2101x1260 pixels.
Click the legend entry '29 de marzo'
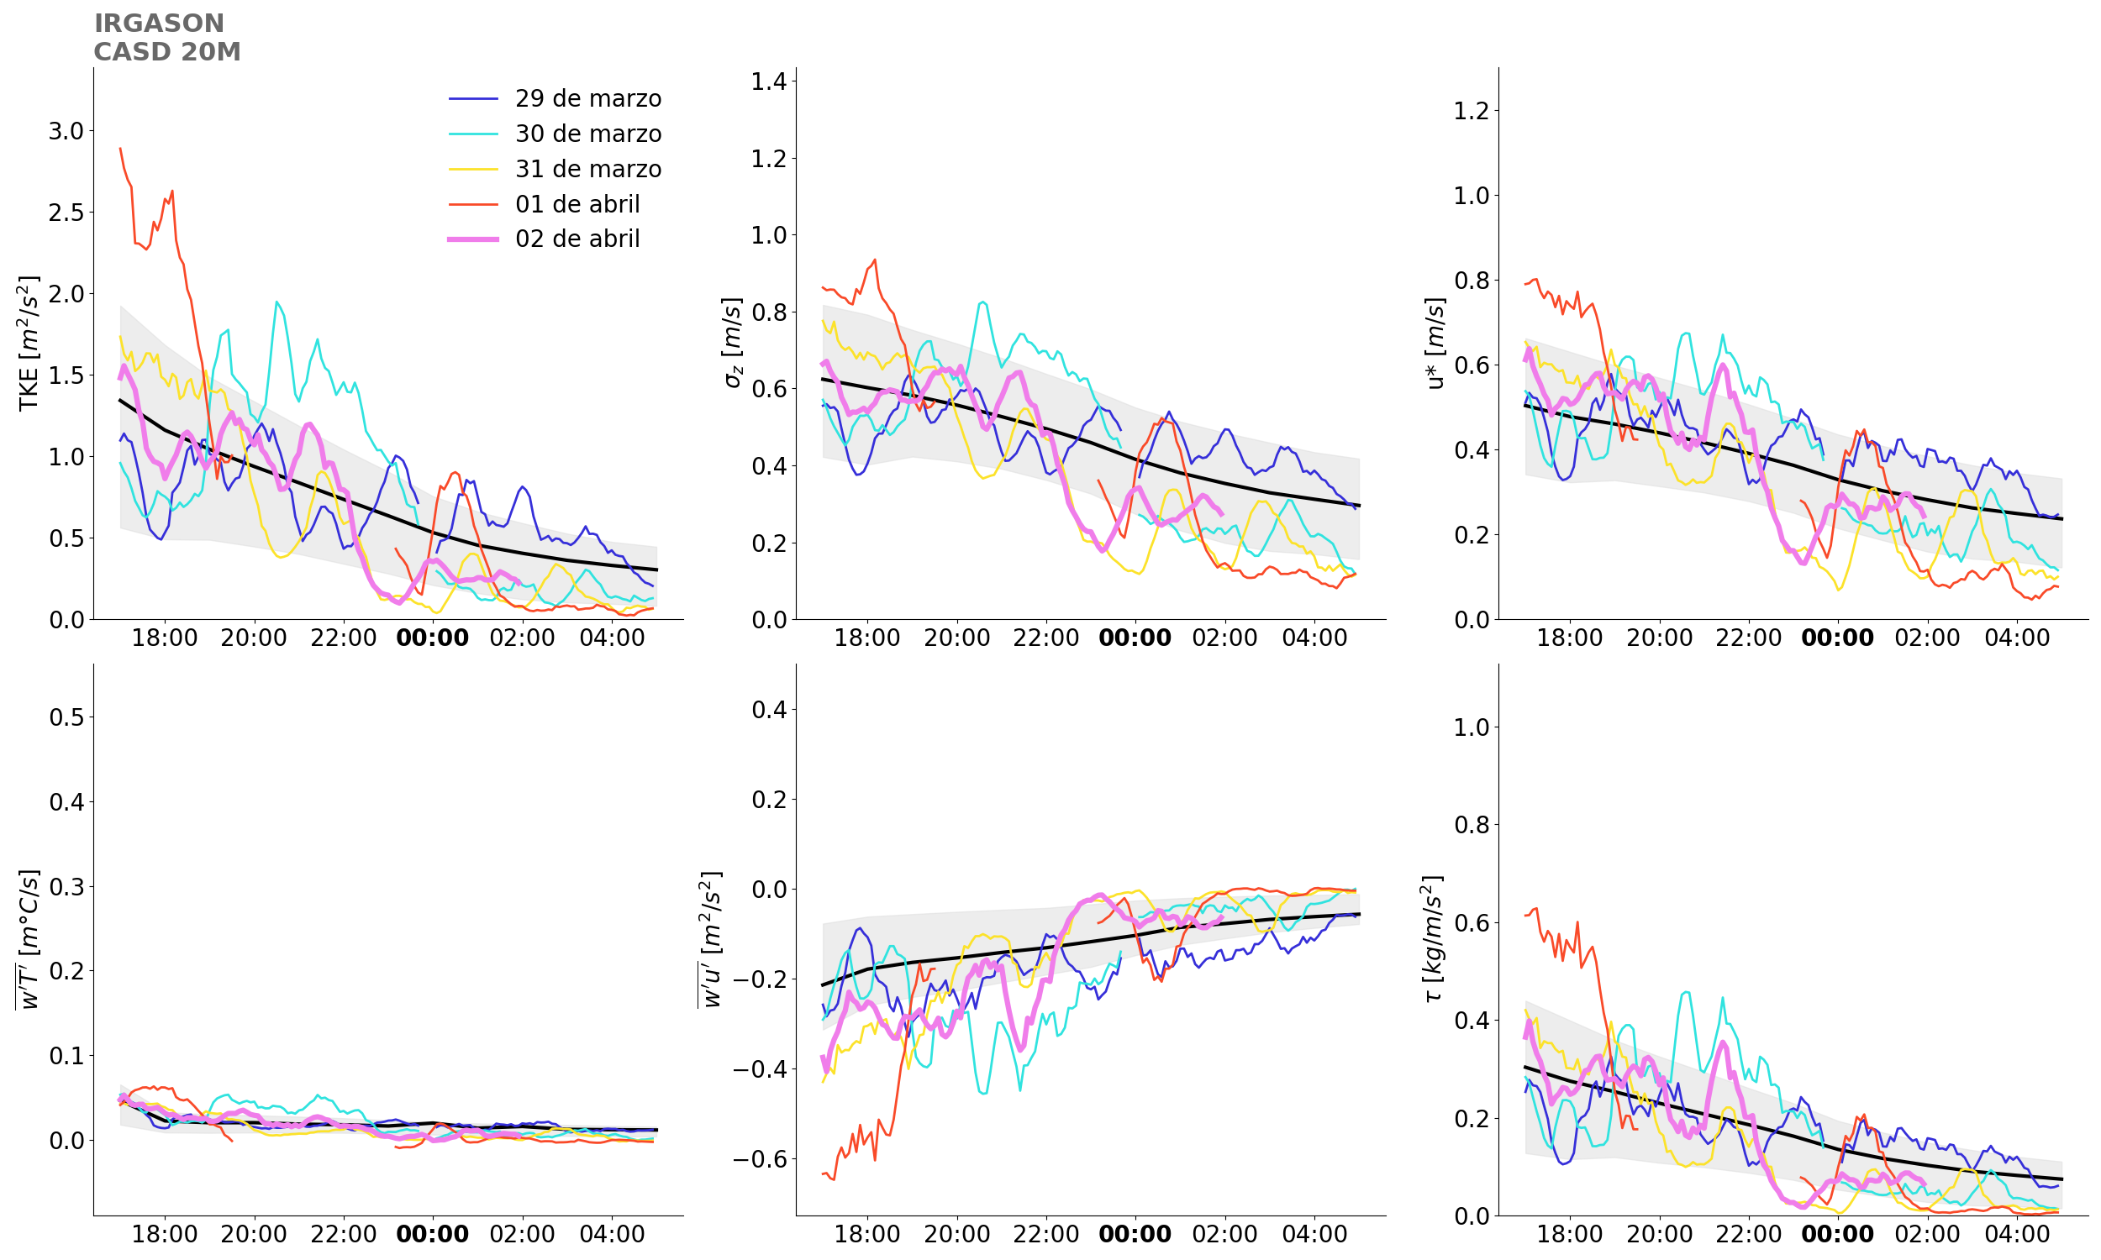coord(587,98)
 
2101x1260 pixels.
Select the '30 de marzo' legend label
coord(587,134)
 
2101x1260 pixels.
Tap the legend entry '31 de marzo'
coord(587,169)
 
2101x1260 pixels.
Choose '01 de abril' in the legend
coord(577,205)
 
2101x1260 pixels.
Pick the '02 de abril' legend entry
coord(577,239)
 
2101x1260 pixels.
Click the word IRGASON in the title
coord(159,24)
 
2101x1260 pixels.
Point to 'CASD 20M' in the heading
coord(167,52)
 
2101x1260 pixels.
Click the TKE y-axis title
coord(29,343)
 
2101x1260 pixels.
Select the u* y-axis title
coord(1435,343)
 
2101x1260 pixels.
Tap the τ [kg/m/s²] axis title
coord(1433,938)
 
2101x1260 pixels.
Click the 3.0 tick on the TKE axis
coord(66,132)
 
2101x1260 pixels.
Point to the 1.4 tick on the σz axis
coord(769,81)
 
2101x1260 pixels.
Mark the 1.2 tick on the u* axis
coord(1472,110)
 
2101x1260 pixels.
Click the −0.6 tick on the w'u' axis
coord(761,1160)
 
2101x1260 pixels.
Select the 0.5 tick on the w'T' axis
coord(66,717)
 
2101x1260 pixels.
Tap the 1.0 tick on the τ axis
coord(1472,727)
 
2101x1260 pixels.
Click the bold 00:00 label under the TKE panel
coord(432,638)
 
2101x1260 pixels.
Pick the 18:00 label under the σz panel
coord(867,638)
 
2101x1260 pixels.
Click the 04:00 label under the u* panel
coord(2017,638)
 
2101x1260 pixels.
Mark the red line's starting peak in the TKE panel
coord(120,149)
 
